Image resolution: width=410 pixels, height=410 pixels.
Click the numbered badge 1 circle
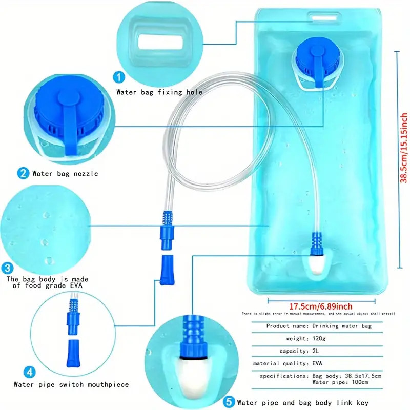(119, 78)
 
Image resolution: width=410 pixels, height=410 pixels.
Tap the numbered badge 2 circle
(23, 173)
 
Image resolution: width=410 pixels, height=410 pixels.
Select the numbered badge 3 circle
(7, 268)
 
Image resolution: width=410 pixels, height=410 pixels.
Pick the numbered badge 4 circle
(30, 371)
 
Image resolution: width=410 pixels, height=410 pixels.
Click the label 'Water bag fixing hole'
(159, 93)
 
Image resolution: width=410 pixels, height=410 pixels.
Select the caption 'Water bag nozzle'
(65, 174)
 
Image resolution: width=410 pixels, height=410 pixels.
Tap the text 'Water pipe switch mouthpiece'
(71, 384)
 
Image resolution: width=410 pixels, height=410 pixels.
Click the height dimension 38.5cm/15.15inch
(404, 149)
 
